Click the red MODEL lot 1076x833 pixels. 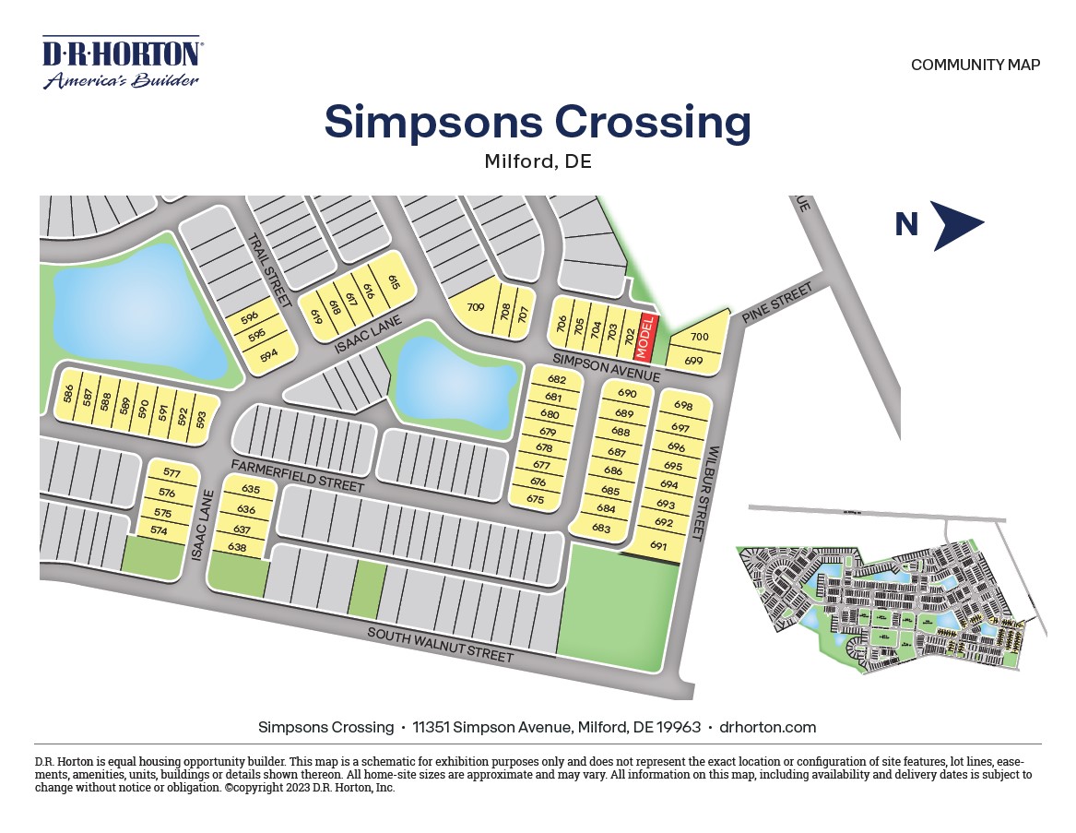(x=646, y=338)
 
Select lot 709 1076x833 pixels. (x=476, y=308)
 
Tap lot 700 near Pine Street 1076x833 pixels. (x=699, y=337)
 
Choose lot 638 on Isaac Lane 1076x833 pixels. (x=237, y=547)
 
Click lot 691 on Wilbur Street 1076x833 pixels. (x=658, y=545)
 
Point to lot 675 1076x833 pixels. (x=536, y=499)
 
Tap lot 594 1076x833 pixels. (x=268, y=354)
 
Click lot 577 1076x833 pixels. (x=171, y=473)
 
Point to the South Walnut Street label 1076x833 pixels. (x=440, y=645)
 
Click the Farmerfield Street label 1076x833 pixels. (x=298, y=474)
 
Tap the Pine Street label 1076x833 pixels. (x=778, y=303)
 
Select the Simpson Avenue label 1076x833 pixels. (x=606, y=366)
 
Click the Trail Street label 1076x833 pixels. (x=269, y=269)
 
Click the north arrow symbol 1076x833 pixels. (x=956, y=225)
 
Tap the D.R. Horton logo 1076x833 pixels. (x=122, y=63)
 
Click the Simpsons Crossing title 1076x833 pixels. (x=538, y=122)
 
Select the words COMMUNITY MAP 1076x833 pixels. (x=975, y=65)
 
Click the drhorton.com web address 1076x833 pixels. (x=767, y=727)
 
